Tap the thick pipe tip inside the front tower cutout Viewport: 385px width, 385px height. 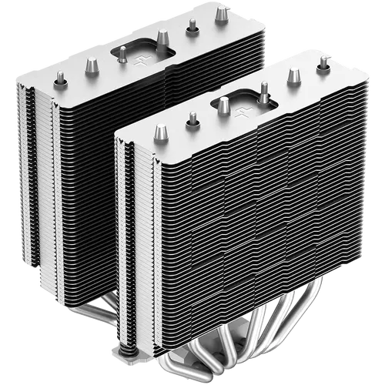(x=223, y=106)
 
